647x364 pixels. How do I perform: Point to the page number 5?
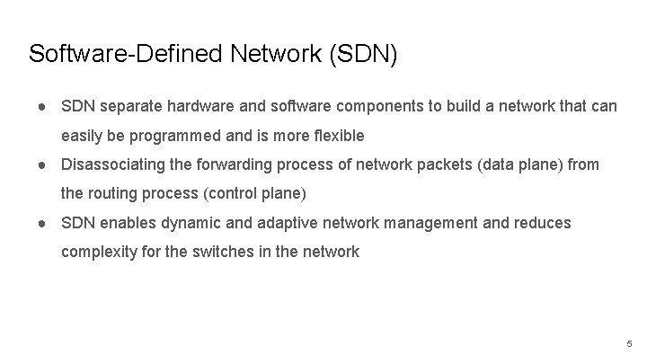pos(629,343)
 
